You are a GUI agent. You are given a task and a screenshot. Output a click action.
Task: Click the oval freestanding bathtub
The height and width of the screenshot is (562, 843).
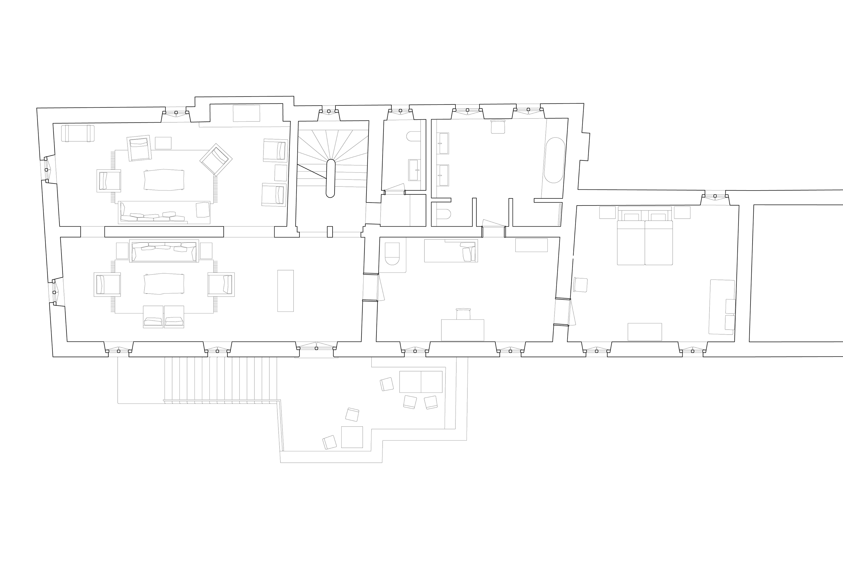coord(554,160)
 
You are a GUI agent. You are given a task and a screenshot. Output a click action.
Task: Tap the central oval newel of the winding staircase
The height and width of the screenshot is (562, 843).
coord(330,179)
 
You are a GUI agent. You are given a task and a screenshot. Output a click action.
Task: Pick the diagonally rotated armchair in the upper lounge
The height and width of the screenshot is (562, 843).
coord(216,160)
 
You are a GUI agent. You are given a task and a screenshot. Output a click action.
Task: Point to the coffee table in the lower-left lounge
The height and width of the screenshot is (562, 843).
coord(164,284)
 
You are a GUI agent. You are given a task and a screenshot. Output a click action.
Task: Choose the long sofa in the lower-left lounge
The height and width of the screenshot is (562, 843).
coord(164,251)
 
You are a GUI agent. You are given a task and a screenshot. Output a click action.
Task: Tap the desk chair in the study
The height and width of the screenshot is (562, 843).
coord(463,314)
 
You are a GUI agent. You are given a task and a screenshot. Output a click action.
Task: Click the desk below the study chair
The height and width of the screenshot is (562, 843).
coord(462,330)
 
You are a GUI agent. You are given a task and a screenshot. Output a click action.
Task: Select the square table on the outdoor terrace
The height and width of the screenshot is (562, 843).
coord(352,437)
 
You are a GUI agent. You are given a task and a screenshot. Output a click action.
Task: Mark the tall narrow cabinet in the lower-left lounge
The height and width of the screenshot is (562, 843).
coord(285,291)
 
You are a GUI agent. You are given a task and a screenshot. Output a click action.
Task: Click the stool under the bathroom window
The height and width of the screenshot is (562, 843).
coord(498,127)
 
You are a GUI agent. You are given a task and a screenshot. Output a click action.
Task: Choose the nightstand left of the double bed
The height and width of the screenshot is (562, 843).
coord(607,213)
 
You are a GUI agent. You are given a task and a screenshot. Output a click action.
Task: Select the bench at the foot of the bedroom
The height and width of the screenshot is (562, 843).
coord(645,332)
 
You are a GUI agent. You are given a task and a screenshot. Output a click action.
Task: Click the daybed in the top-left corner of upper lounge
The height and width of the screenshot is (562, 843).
coord(78,133)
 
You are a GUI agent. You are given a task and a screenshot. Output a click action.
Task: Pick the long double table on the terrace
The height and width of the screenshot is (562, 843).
coord(421,382)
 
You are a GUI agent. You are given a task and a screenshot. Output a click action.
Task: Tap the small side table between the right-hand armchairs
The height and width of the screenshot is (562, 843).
coord(281,173)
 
